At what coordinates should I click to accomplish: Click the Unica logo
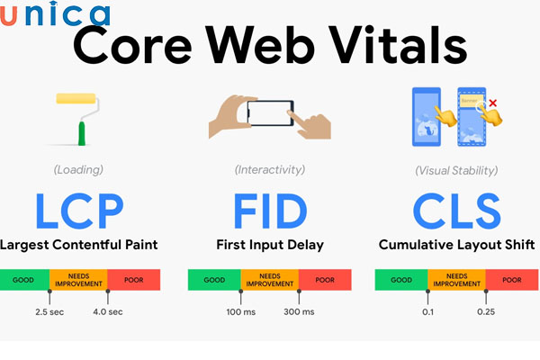(x=57, y=14)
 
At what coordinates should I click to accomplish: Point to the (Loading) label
(x=78, y=169)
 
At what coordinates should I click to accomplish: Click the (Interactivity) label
(x=271, y=169)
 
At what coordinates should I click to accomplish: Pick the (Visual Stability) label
(x=456, y=169)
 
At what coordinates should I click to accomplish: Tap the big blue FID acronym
(x=269, y=209)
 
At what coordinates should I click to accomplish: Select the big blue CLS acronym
(x=456, y=209)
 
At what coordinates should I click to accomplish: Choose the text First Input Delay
(x=270, y=245)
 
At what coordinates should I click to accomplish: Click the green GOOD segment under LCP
(x=24, y=280)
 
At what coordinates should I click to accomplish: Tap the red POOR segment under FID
(x=324, y=280)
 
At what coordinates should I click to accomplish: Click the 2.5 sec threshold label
(x=49, y=312)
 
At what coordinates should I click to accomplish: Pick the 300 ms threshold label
(x=300, y=312)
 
